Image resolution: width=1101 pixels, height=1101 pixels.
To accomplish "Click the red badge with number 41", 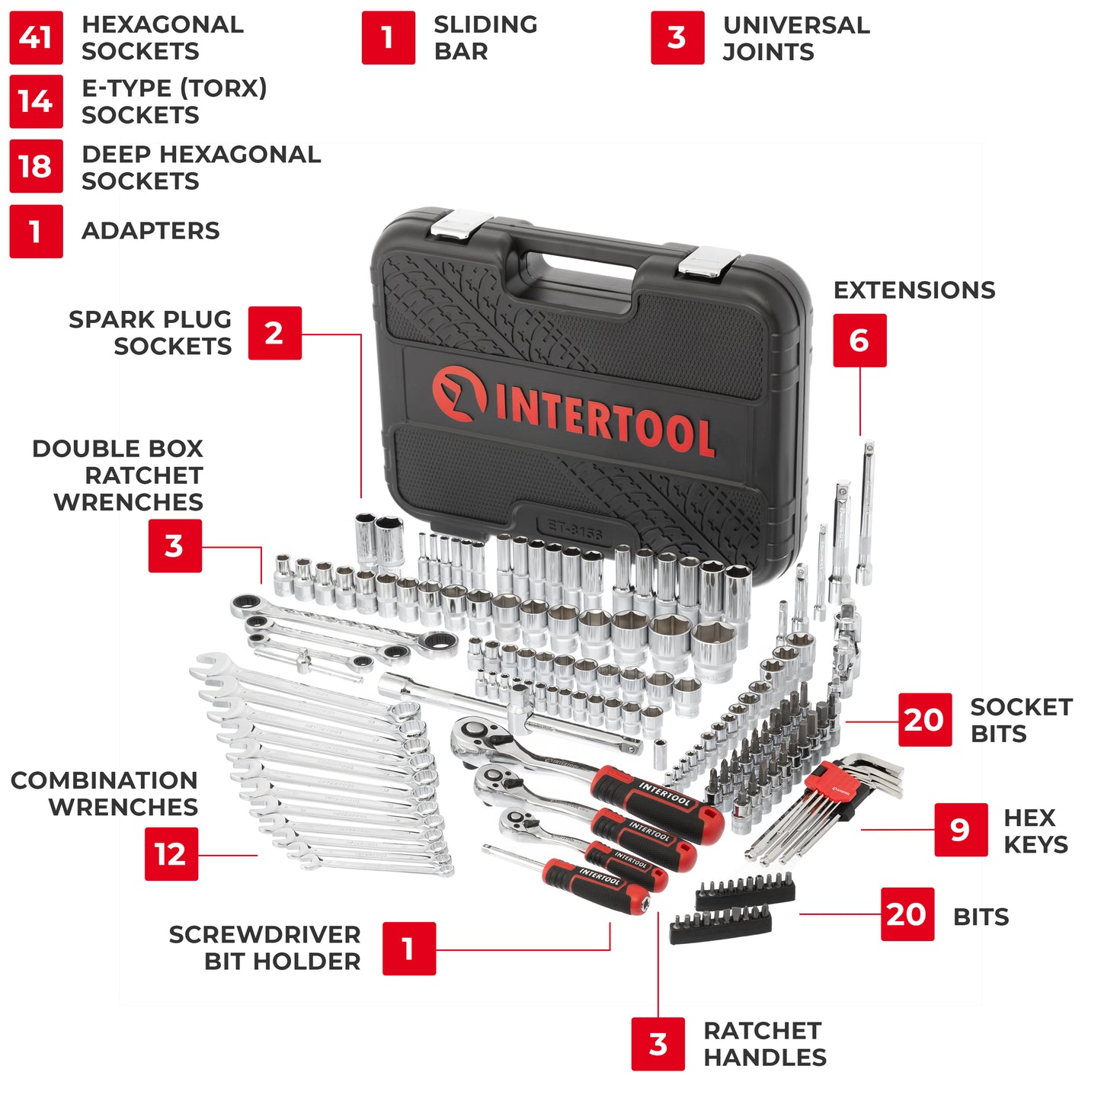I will coord(36,37).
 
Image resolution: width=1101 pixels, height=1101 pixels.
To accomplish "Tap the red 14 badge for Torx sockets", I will coord(36,101).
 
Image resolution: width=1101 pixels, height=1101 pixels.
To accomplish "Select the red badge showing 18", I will coord(36,166).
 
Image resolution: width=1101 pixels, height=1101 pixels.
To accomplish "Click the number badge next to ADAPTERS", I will coord(36,231).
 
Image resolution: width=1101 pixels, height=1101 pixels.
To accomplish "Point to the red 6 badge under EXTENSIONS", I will coord(859,341).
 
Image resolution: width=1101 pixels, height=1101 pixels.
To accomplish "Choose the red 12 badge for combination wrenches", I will coord(171,854).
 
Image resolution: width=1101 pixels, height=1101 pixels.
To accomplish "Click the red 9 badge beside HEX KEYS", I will coord(961,830).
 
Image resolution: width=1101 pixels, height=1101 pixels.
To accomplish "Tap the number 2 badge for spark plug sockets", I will coord(274,333).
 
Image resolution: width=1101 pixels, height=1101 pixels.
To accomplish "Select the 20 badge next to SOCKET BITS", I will coord(924,719).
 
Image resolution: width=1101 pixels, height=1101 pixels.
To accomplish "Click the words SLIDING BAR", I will coord(485,38).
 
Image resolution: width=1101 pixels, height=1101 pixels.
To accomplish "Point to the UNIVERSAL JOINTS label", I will coord(795,38).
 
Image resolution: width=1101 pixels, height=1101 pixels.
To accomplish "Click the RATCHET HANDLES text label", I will coord(764,1044).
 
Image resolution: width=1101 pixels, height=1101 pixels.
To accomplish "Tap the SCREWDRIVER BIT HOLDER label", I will coord(264,948).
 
